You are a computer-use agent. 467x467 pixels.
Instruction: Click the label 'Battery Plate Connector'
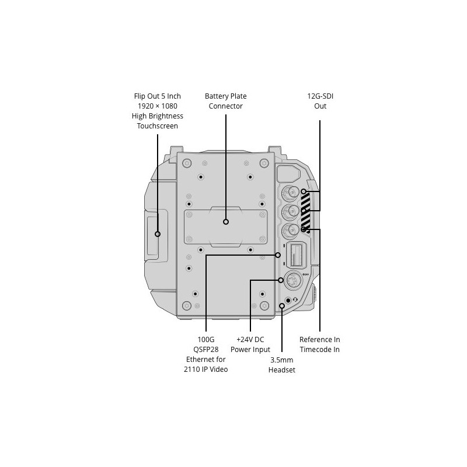pos(226,101)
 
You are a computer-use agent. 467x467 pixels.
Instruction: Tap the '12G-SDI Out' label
pos(320,101)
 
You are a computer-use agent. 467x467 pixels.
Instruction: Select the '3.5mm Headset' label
pos(282,365)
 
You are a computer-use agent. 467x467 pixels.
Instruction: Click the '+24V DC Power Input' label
pos(250,344)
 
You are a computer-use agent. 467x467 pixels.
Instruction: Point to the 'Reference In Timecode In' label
pos(319,344)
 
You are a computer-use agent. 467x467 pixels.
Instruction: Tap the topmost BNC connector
pos(290,194)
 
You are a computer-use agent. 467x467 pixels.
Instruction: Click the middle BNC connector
pos(290,212)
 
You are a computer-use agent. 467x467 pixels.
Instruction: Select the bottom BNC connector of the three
pos(290,230)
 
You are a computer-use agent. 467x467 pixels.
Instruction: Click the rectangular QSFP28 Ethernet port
pos(296,255)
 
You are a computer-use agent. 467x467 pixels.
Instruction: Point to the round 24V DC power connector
pos(294,280)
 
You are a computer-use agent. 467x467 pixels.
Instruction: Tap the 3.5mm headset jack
pos(288,300)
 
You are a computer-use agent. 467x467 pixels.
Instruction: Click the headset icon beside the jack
pos(295,299)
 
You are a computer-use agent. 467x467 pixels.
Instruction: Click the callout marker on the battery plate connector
pos(226,222)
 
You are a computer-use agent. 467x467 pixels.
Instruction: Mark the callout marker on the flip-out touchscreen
pos(158,234)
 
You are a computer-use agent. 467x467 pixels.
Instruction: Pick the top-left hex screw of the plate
pos(187,163)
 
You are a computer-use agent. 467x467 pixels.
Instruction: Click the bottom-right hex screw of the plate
pos(264,305)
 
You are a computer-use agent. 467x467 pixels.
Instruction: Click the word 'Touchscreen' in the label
pos(157,126)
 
